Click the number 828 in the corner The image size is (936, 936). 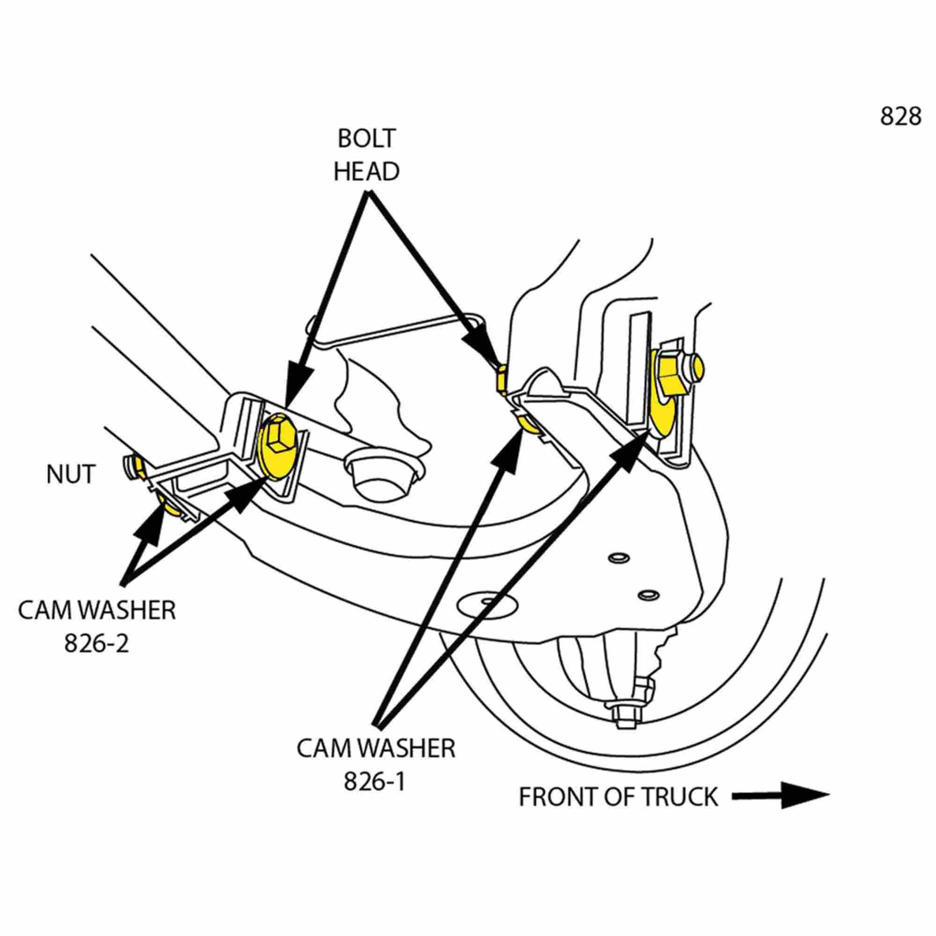(900, 117)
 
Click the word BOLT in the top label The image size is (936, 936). (366, 139)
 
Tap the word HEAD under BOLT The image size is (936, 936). (366, 171)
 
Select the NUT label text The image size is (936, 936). (70, 475)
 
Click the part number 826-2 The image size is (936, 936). (97, 643)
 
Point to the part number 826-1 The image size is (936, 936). (374, 781)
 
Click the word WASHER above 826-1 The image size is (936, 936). (407, 748)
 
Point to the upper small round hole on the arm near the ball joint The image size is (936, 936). (620, 558)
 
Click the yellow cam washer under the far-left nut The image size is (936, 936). (172, 507)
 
